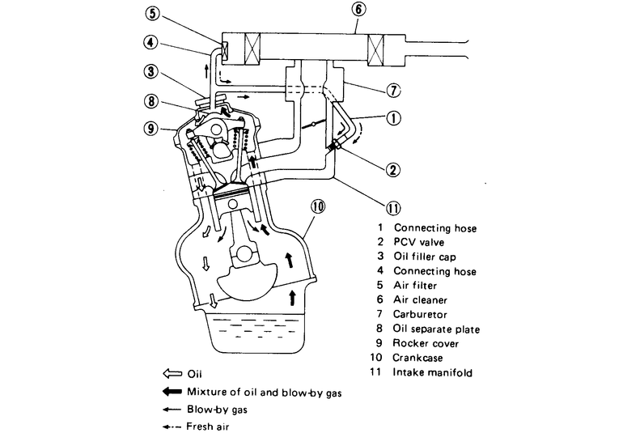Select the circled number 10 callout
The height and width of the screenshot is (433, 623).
pyautogui.click(x=317, y=206)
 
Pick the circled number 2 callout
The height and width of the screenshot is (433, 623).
pyautogui.click(x=392, y=170)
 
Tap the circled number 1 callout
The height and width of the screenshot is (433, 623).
pyautogui.click(x=392, y=118)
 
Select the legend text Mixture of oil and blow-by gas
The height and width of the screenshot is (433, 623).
pyautogui.click(x=265, y=393)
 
